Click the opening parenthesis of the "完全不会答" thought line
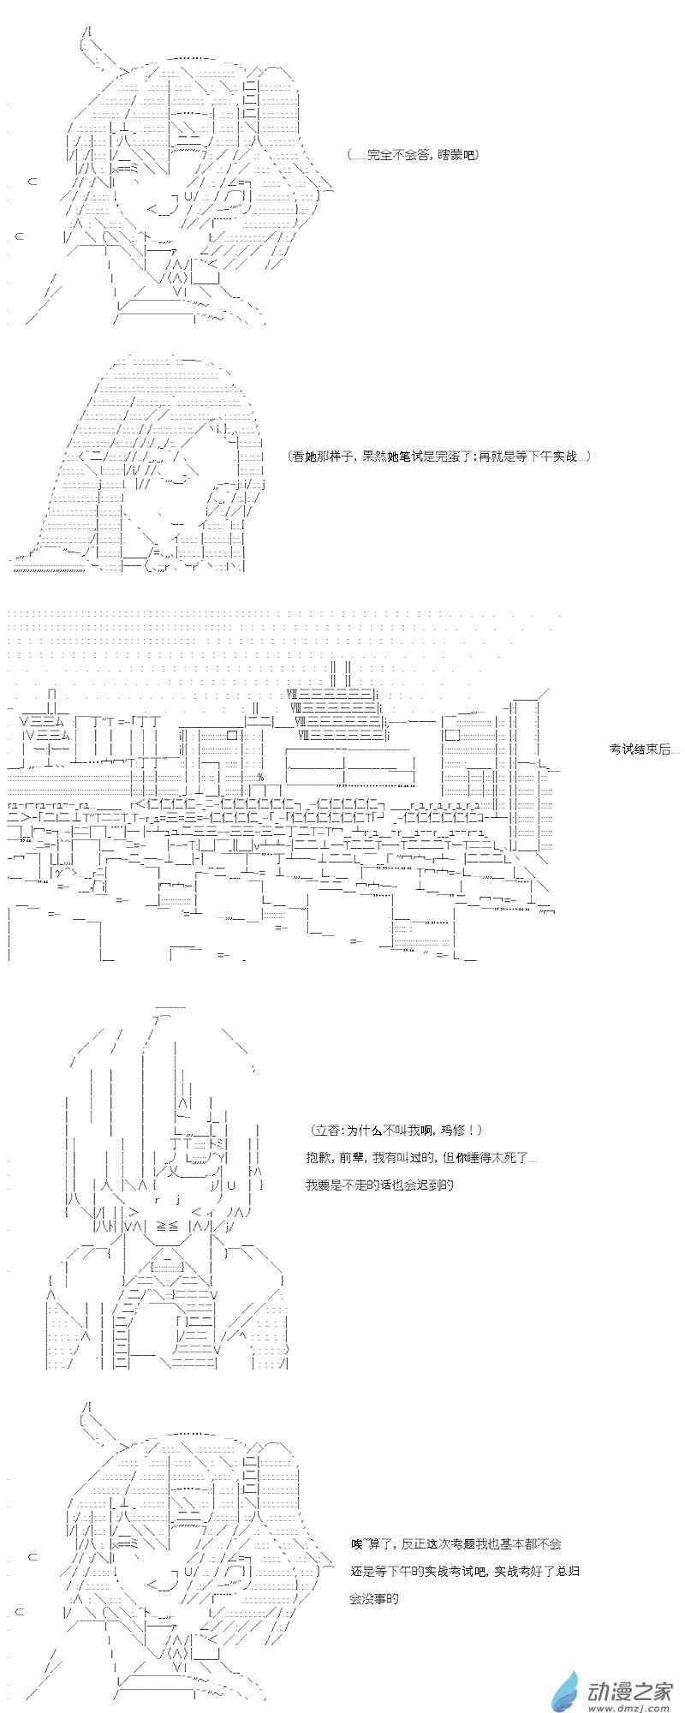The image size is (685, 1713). [350, 155]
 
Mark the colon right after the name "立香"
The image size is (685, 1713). [340, 1131]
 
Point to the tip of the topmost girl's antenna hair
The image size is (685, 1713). [88, 31]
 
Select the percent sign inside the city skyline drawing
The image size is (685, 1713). [260, 777]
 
